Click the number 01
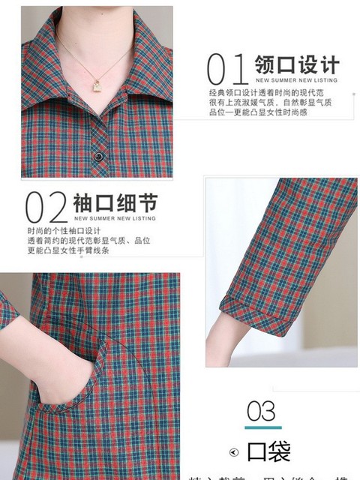[227, 68]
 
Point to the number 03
[261, 411]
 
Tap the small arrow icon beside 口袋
[235, 453]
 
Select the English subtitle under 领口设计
[298, 78]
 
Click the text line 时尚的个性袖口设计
[64, 230]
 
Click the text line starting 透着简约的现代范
[89, 241]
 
